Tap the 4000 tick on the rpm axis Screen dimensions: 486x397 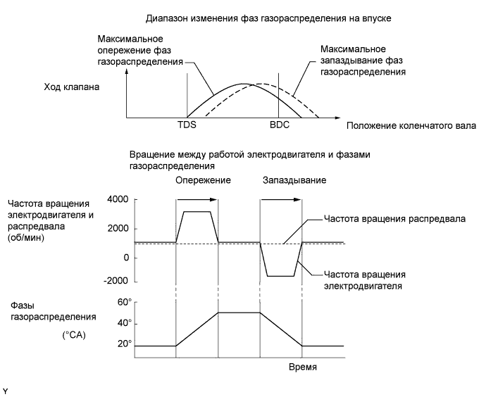tap(116, 200)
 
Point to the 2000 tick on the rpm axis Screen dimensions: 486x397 tap(116, 229)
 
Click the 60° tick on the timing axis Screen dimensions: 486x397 tap(124, 302)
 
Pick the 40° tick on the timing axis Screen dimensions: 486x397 tap(124, 323)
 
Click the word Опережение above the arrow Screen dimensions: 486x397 tap(203, 180)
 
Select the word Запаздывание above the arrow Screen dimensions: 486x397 tap(294, 180)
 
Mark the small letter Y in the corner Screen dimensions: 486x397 tap(5, 389)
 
